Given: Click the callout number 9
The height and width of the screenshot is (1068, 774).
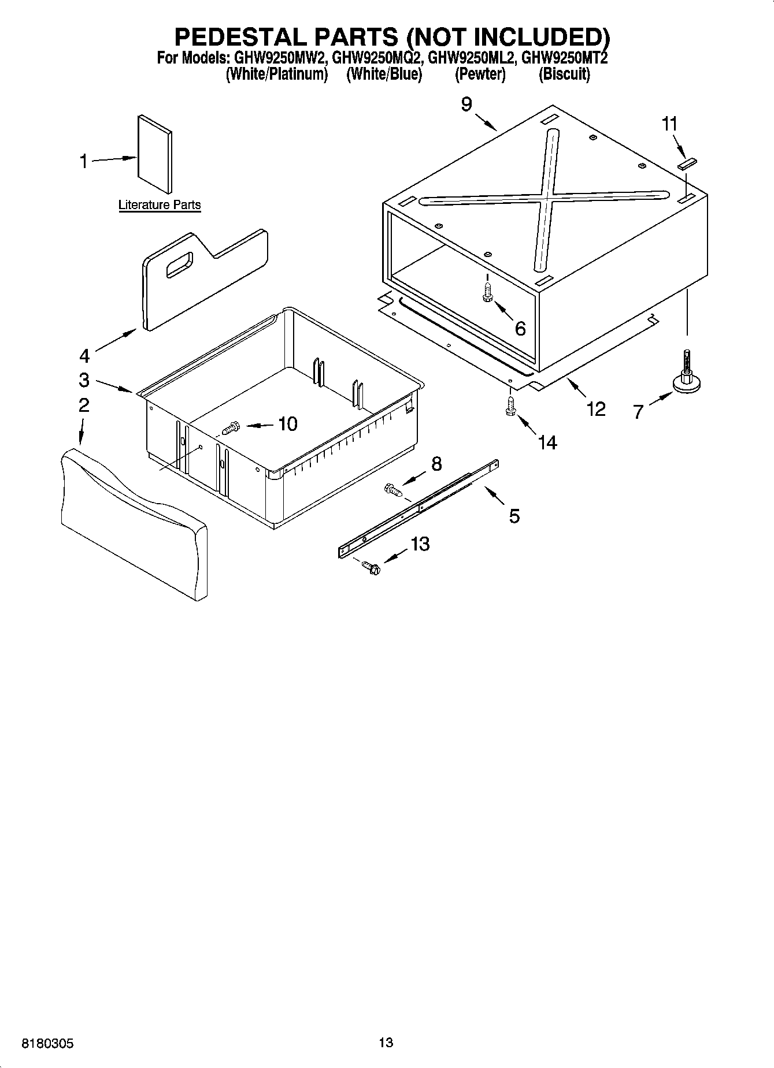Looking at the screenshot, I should pyautogui.click(x=466, y=104).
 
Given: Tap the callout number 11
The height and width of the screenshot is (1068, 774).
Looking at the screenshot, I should pyautogui.click(x=669, y=124).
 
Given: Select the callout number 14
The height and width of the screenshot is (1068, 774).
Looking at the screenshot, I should pyautogui.click(x=547, y=442).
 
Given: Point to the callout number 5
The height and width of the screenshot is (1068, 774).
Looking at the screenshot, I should pyautogui.click(x=514, y=515).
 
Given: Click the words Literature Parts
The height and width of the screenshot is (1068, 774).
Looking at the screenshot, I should pyautogui.click(x=160, y=205).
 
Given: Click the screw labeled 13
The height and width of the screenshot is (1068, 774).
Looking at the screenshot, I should pyautogui.click(x=370, y=568).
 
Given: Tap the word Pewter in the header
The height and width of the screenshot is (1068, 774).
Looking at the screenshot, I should pyautogui.click(x=480, y=75).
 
